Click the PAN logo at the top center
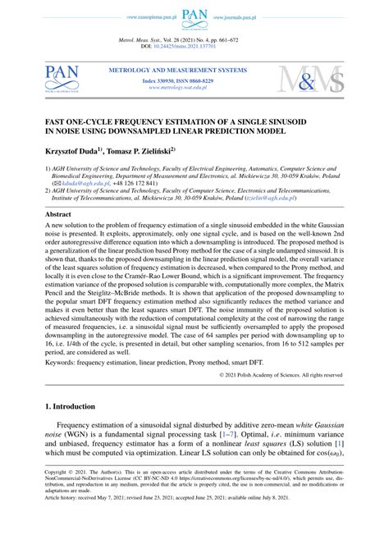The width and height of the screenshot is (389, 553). click(x=194, y=16)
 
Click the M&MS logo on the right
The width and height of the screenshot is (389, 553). click(x=312, y=78)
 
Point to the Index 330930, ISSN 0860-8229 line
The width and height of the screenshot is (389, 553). click(x=178, y=81)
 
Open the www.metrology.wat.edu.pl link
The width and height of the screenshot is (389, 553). click(x=178, y=88)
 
